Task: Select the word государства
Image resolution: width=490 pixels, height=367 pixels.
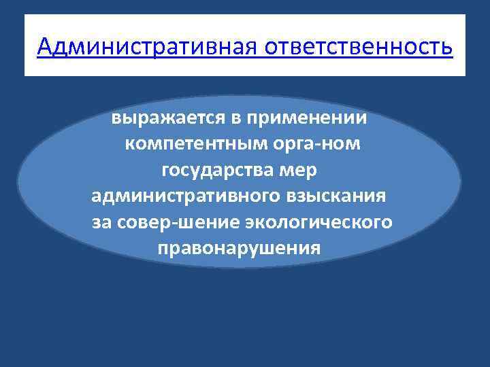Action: coord(214,171)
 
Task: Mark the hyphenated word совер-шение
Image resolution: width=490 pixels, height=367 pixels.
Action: coord(166,222)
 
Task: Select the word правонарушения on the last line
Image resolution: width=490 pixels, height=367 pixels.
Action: coord(238,248)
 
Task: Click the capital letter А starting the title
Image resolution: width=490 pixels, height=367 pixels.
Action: coord(45,48)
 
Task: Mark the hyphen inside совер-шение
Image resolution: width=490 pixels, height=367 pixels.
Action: coord(163,224)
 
